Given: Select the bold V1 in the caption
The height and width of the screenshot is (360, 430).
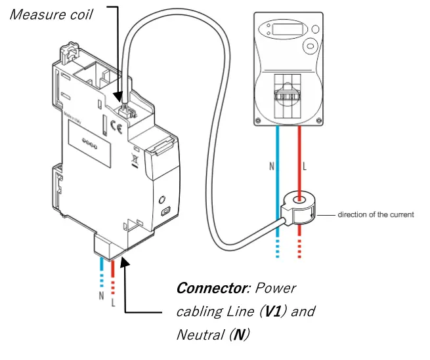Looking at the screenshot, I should point(270,311).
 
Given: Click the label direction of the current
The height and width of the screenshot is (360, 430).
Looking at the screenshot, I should point(376,214).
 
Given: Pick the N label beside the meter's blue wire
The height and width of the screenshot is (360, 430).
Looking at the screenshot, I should point(271,167).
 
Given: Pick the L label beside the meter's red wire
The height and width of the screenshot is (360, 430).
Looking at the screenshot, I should point(306,167).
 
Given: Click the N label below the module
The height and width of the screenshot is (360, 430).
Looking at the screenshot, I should point(101,296).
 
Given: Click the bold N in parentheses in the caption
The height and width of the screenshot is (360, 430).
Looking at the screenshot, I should point(240,335).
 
